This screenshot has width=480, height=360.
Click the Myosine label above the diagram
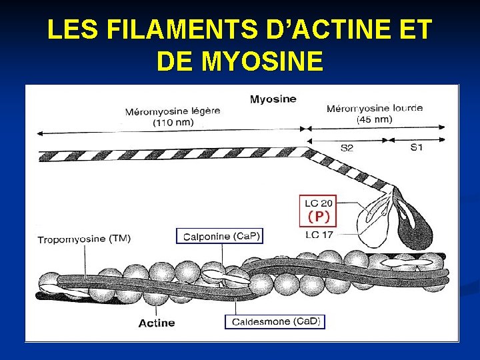tap(273, 99)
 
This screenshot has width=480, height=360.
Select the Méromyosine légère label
tap(173, 111)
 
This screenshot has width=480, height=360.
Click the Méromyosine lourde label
tap(373, 109)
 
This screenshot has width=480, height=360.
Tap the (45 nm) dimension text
tap(373, 119)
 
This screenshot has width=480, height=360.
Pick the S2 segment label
tap(347, 147)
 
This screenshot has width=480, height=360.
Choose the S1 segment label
tap(416, 147)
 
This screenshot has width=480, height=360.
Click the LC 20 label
tap(319, 203)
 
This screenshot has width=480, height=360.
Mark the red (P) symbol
tap(319, 217)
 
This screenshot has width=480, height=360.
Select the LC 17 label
tap(319, 234)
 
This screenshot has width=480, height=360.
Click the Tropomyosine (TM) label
tap(84, 239)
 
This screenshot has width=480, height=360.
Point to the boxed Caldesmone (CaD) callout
tap(275, 321)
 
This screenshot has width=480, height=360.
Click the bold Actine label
tap(157, 323)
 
